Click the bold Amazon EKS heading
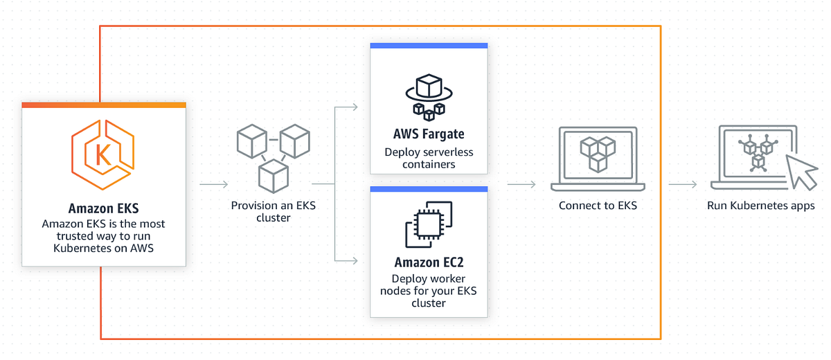pos(103,208)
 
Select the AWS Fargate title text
pos(429,134)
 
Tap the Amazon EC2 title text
pos(429,262)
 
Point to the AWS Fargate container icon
pos(429,96)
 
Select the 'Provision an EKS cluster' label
pos(272,211)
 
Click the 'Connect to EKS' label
pos(598,206)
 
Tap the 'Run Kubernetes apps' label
pos(760,206)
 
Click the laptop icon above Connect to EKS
pos(598,159)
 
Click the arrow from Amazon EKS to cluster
pos(213,185)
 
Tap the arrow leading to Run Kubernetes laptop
pos(682,185)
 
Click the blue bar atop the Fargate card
pos(429,46)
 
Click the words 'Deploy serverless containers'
pos(429,159)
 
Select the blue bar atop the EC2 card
pos(429,189)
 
